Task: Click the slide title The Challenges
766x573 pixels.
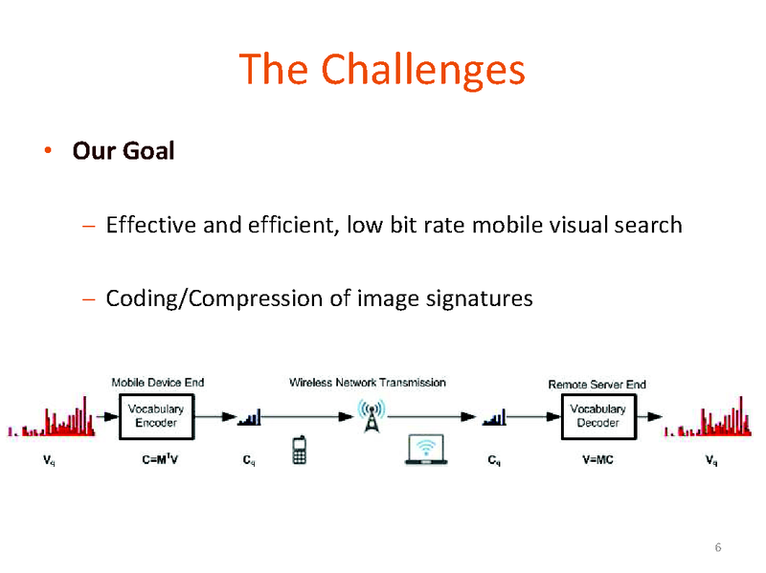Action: click(x=382, y=69)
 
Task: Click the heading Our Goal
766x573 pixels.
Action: click(x=124, y=151)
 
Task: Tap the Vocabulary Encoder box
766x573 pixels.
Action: click(x=156, y=416)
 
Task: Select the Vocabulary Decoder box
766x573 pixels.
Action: click(x=598, y=416)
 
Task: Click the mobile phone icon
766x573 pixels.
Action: click(x=300, y=451)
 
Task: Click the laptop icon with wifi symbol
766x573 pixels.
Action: click(x=427, y=450)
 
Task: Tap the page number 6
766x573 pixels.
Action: click(x=717, y=547)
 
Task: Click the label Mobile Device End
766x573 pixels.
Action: click(x=157, y=383)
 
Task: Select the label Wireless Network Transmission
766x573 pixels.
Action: click(x=368, y=383)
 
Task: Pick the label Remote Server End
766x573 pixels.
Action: click(x=597, y=385)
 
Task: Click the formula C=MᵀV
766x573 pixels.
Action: click(x=156, y=460)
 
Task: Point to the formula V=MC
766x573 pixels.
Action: click(x=597, y=460)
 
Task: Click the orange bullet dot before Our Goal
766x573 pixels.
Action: click(x=46, y=151)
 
